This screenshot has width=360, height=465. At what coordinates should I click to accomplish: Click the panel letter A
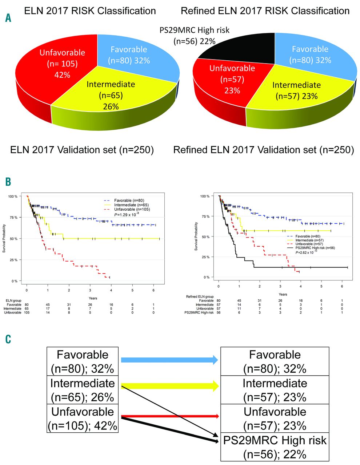(8, 17)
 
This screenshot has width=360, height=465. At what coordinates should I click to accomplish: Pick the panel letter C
(8, 339)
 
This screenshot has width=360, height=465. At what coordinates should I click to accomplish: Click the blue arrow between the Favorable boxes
(169, 360)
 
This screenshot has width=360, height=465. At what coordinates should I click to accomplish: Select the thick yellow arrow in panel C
(169, 386)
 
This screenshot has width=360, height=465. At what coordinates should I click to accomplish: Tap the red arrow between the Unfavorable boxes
(169, 416)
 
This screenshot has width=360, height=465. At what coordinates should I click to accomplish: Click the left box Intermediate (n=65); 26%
(83, 390)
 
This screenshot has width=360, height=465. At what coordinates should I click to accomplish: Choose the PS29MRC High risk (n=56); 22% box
(275, 447)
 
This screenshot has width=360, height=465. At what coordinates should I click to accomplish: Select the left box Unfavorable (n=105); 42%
(83, 418)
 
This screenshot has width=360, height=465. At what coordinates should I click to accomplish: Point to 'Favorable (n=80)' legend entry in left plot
(127, 200)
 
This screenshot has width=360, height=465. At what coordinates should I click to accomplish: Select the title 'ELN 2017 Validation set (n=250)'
(82, 150)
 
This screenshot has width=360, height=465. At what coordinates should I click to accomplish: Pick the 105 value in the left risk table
(27, 312)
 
